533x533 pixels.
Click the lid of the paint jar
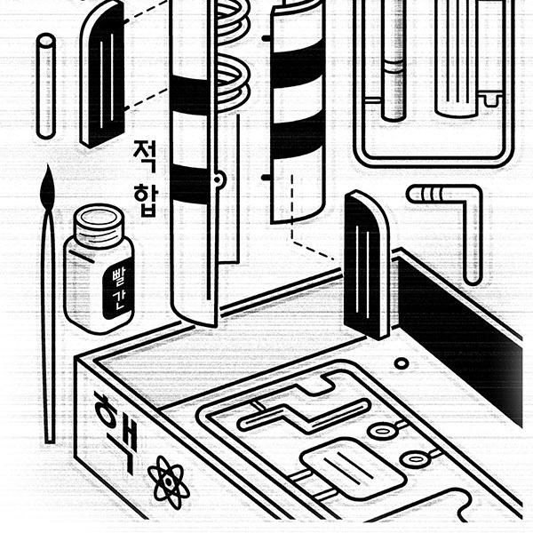99,221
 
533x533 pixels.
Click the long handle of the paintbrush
49,338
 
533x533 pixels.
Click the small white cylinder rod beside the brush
46,84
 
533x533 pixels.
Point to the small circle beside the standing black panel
402,363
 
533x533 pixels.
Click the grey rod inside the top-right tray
393,62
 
